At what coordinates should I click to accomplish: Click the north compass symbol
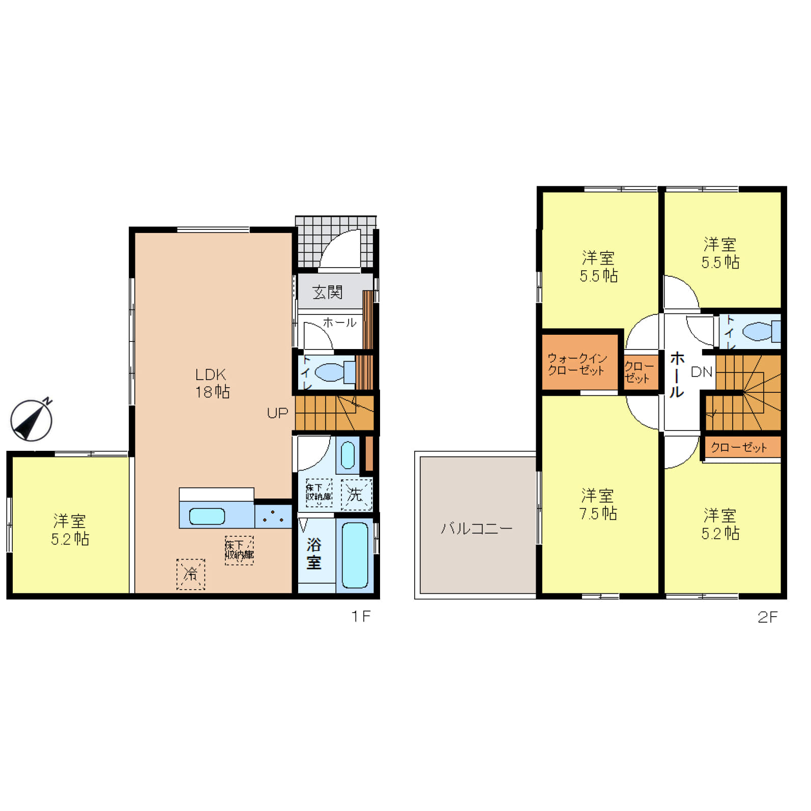click(x=32, y=420)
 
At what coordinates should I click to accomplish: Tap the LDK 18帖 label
click(x=212, y=383)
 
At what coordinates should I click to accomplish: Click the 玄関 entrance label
click(x=327, y=292)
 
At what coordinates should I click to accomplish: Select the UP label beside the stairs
click(x=277, y=413)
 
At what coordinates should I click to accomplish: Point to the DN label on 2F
click(x=702, y=372)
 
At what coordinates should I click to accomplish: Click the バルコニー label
click(x=476, y=529)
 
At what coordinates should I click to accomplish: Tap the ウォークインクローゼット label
click(x=577, y=364)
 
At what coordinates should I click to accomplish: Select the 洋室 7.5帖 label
click(x=598, y=504)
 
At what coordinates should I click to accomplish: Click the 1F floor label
click(x=361, y=617)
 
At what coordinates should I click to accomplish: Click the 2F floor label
click(x=767, y=617)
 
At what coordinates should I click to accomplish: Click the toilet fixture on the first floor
click(x=335, y=372)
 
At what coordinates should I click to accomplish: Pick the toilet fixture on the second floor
click(x=761, y=332)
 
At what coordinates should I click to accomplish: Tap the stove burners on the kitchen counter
click(x=273, y=516)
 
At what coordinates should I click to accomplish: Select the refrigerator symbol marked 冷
click(x=191, y=574)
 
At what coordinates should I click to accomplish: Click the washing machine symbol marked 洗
click(x=356, y=494)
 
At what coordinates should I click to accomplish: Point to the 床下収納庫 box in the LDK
click(x=239, y=550)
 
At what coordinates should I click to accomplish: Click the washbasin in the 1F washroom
click(x=347, y=455)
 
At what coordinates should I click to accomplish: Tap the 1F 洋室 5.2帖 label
click(x=70, y=530)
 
